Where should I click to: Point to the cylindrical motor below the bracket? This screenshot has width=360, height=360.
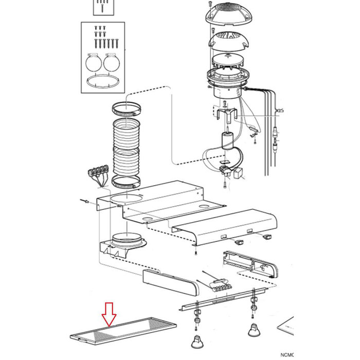point(227,141)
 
